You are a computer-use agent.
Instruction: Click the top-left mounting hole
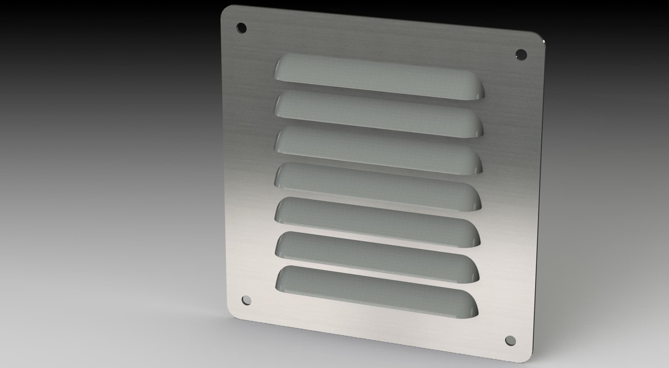tap(241, 27)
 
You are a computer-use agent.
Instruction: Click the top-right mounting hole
tap(521, 54)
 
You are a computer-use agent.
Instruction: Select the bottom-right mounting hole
tap(510, 340)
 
